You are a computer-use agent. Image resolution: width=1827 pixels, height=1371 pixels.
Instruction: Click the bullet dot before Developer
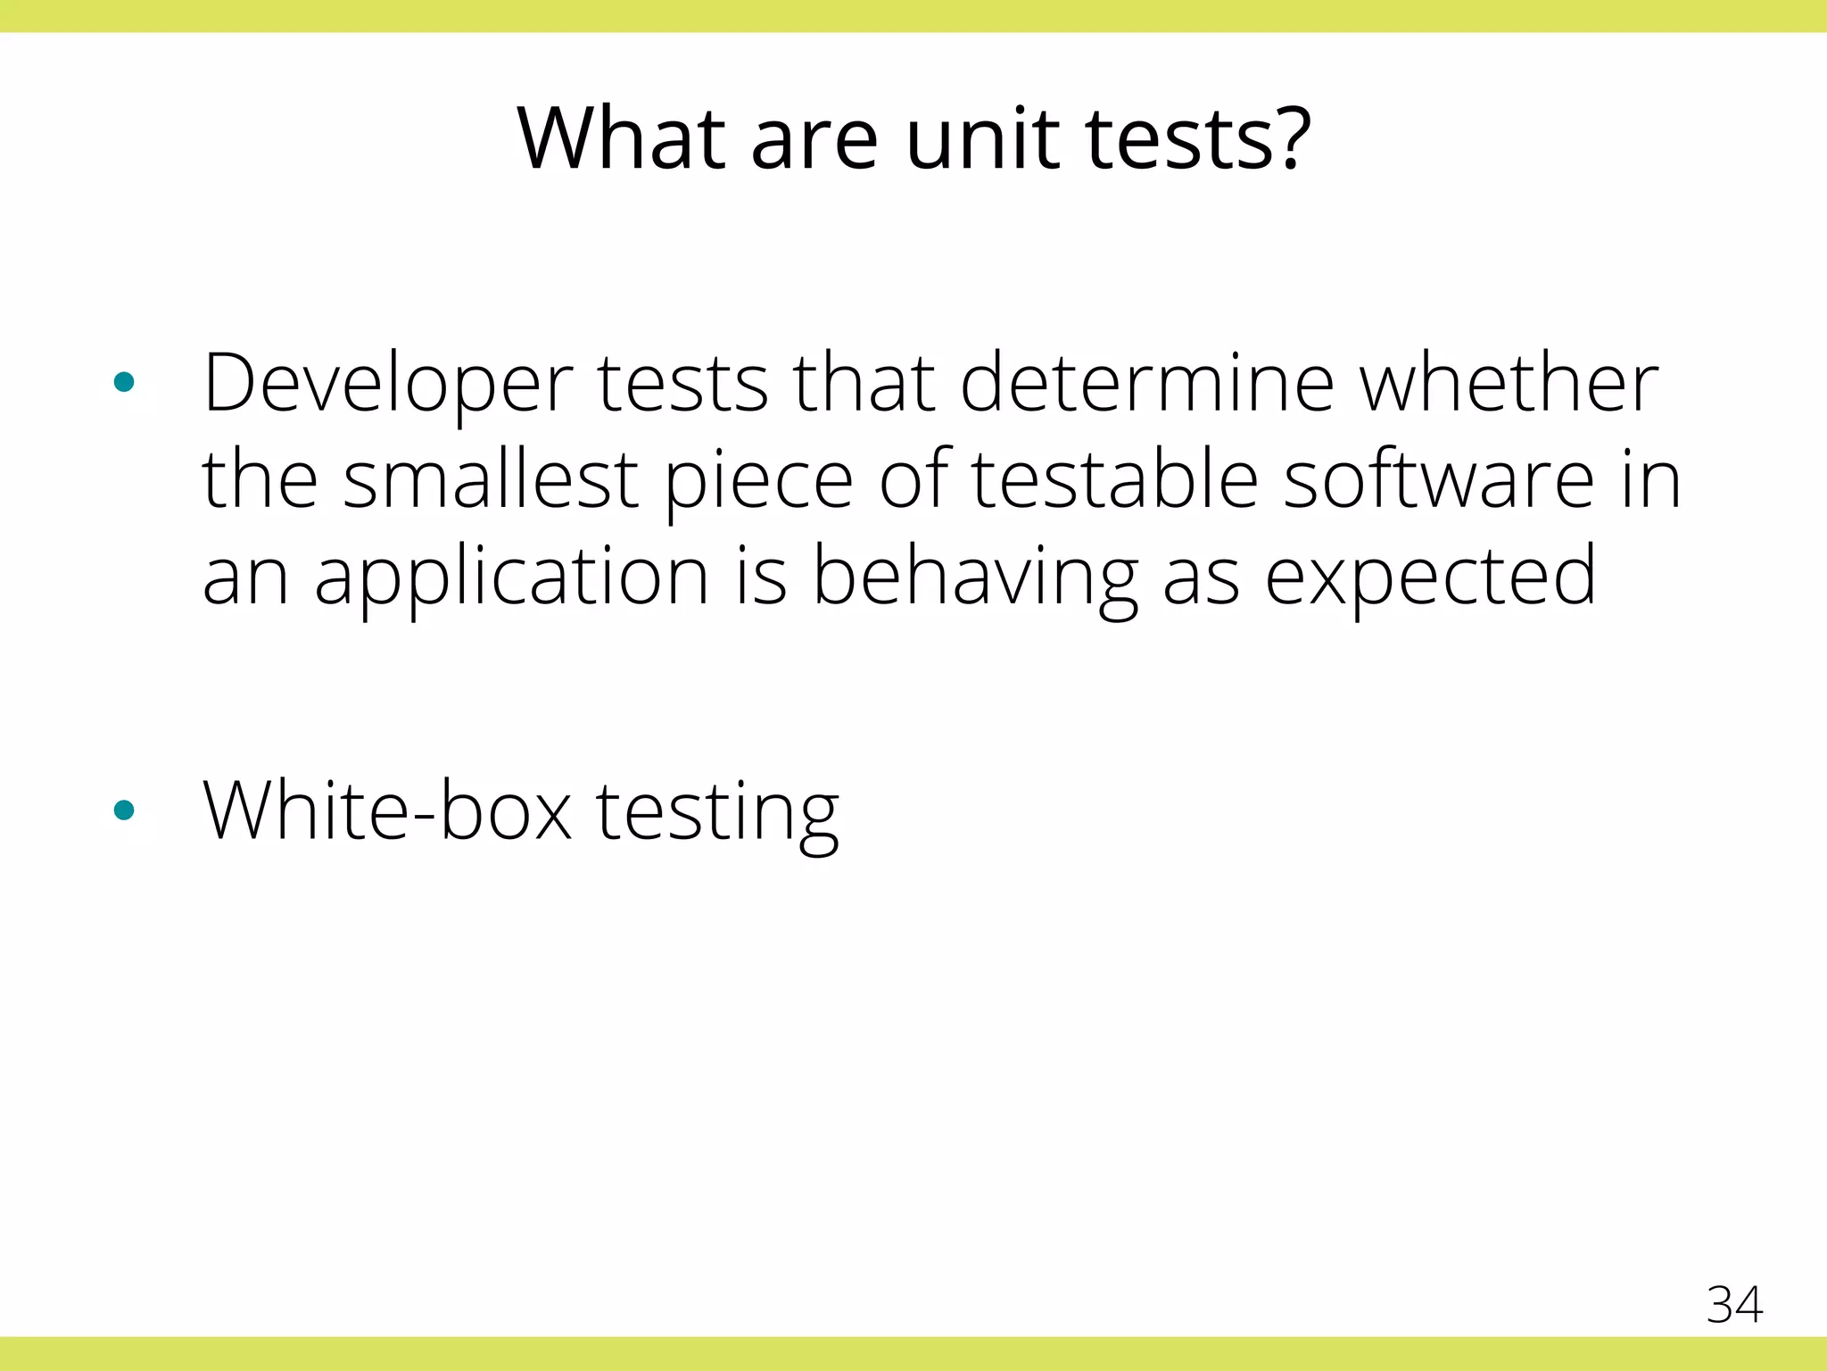tap(124, 383)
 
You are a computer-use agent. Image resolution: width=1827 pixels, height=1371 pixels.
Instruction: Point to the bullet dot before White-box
tap(124, 810)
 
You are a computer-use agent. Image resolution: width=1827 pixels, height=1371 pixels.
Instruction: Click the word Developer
tap(388, 385)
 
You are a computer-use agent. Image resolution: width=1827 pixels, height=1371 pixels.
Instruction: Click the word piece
tap(759, 483)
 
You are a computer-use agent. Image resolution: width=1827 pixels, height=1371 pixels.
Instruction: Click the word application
tap(511, 579)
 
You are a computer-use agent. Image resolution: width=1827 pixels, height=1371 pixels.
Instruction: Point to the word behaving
tap(975, 579)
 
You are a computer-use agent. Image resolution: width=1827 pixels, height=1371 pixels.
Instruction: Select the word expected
tap(1431, 579)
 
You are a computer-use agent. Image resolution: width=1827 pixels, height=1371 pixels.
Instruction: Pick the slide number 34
tap(1734, 1304)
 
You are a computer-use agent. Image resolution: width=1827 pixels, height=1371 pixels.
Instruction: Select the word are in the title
tap(814, 141)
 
